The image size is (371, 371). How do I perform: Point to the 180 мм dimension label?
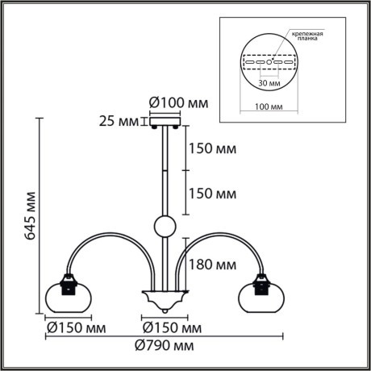[x=213, y=264]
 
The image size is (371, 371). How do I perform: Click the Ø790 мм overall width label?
[x=166, y=346]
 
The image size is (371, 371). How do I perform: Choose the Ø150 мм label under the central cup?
[x=171, y=328]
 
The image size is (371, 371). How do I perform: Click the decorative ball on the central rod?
[x=164, y=227]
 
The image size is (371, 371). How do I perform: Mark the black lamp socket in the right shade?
[x=262, y=283]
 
